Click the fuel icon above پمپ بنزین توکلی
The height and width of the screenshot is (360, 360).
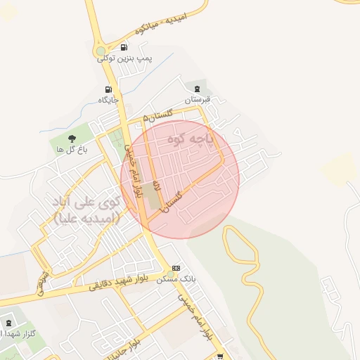click(124, 48)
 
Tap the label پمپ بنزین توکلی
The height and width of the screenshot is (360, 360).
click(126, 59)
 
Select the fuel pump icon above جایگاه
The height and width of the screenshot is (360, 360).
click(108, 89)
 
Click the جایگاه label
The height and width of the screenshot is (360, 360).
click(108, 101)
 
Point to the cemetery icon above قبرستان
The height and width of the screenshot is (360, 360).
click(198, 89)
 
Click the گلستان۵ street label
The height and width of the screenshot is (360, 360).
click(156, 115)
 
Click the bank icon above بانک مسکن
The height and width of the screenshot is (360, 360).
click(176, 268)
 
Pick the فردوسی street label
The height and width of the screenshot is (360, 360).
click(42, 282)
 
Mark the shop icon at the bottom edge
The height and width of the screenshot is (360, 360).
click(220, 356)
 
